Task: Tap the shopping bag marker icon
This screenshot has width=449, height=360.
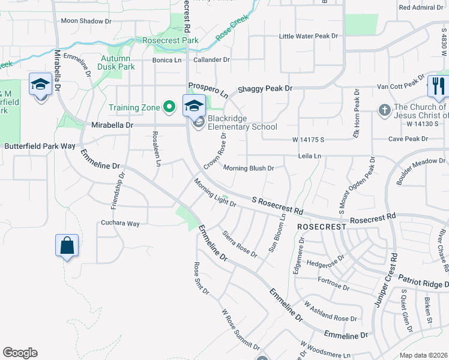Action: pos(67,245)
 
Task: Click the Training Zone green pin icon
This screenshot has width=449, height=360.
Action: pos(170,107)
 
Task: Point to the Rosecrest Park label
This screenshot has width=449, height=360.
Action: pos(170,40)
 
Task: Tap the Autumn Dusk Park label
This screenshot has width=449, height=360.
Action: pos(118,62)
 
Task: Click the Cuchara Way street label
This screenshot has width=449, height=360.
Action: pos(120,223)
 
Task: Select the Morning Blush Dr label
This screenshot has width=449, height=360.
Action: pos(249,168)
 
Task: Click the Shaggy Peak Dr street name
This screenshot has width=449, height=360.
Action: pos(265,88)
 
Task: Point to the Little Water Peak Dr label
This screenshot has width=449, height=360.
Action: pos(309,36)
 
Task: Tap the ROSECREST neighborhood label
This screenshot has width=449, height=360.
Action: pos(322,227)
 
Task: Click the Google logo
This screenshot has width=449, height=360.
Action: pos(20,353)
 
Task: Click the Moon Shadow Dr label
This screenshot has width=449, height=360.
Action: pos(86,21)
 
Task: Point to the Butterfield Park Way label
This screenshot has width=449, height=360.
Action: pos(40,146)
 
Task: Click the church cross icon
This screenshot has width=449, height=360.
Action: pos(384,110)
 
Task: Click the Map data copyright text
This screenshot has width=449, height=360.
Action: pos(423,355)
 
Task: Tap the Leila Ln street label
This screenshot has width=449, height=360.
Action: pos(310,156)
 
